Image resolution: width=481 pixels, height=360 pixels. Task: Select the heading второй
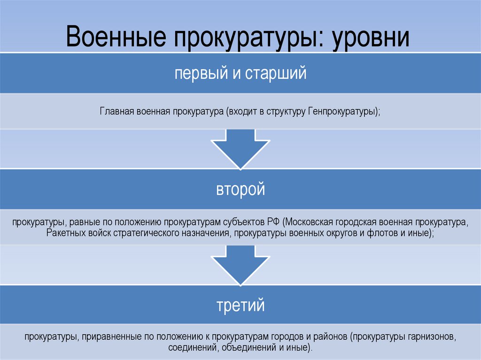pos(240,190)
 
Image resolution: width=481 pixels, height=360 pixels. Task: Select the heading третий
pos(240,306)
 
